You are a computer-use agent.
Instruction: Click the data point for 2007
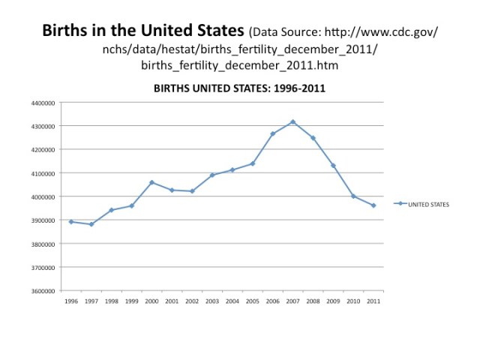pos(292,121)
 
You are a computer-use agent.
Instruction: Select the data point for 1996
pos(71,221)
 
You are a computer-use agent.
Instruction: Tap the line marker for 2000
pos(151,182)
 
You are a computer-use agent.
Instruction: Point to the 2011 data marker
pos(373,205)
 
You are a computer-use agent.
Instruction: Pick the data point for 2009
pos(333,166)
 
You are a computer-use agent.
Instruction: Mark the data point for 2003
pos(212,175)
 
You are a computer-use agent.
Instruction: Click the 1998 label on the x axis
pos(111,301)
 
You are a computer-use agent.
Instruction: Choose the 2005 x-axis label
pos(252,301)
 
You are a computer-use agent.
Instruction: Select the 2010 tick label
pos(352,301)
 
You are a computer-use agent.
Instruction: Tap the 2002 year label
pos(192,301)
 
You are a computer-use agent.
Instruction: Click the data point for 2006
pos(273,134)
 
